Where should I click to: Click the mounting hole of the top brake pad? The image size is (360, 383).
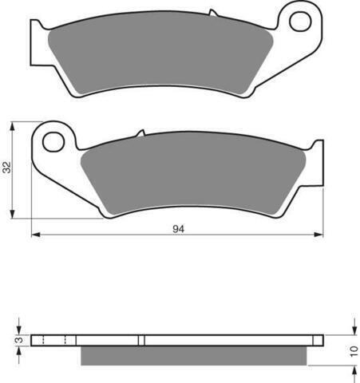coord(300,22)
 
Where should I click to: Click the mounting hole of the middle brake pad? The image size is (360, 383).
coord(53,142)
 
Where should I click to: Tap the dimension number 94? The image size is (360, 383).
coord(178,229)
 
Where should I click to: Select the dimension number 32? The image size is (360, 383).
coord(7,167)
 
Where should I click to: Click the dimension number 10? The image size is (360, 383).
coord(354,351)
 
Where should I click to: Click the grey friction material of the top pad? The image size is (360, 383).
coord(160,54)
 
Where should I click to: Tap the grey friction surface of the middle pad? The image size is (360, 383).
coord(193,174)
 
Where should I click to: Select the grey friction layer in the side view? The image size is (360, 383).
coord(194,355)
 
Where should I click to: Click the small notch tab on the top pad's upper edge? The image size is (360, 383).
coord(213,13)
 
